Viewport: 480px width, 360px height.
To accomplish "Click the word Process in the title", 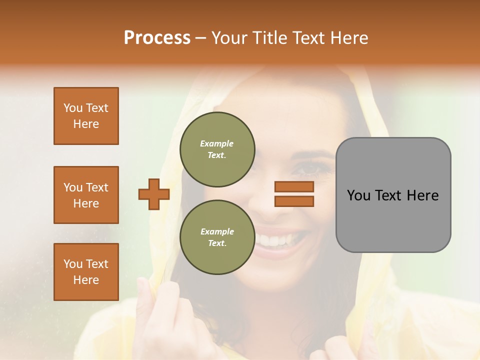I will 157,38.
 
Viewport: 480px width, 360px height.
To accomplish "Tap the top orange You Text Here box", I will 86,116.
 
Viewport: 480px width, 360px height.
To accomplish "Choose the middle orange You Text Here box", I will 86,195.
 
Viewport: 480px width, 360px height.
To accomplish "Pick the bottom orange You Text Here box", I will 86,271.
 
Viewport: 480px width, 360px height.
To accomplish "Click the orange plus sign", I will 153,194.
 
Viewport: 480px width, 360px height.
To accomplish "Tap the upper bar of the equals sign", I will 294,186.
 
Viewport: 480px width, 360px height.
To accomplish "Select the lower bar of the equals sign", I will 294,201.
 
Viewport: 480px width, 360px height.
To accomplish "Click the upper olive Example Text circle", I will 217,149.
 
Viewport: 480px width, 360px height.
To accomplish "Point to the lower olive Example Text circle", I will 217,237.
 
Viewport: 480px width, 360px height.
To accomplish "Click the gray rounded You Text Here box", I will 393,195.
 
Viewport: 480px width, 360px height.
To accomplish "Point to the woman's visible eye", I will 306,168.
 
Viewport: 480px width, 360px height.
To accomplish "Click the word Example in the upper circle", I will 217,143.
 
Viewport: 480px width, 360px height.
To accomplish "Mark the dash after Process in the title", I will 200,38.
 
